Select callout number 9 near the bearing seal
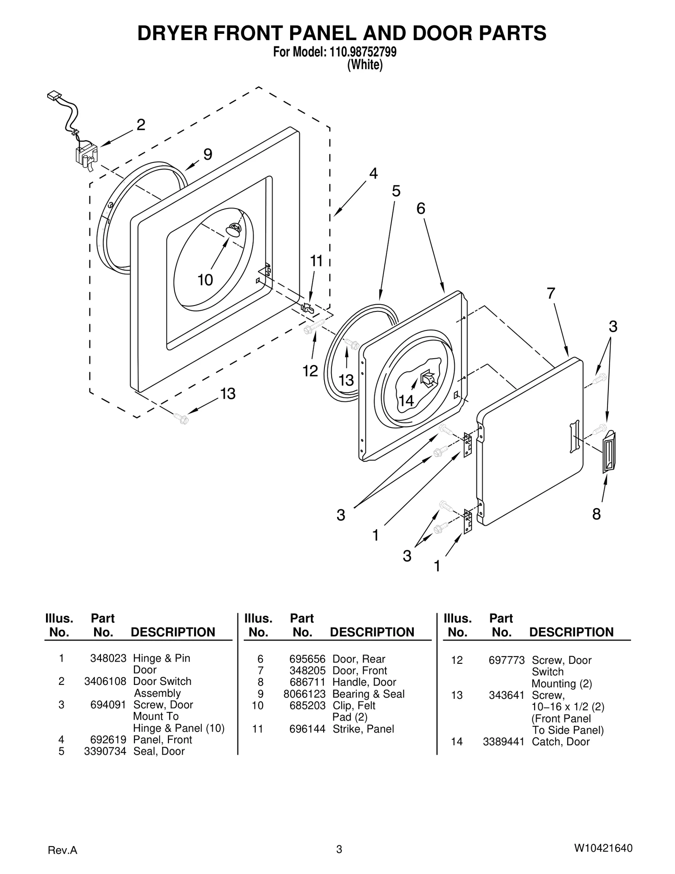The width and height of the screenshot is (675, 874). point(208,154)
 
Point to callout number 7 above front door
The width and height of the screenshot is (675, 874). point(551,293)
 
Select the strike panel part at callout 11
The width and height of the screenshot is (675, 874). point(308,308)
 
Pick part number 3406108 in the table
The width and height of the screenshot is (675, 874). point(105,682)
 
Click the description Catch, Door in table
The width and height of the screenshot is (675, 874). point(560,742)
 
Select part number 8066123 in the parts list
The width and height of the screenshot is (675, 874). point(304,694)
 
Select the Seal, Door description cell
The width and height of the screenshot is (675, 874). point(159,751)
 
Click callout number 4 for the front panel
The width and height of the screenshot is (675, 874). point(373,173)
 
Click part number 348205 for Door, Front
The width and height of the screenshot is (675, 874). point(307,671)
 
